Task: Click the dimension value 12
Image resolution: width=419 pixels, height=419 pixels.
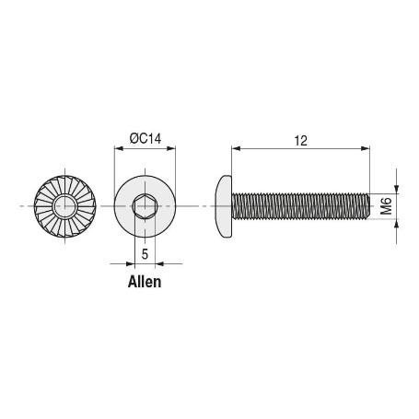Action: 300,140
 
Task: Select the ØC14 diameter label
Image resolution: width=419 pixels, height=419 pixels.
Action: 145,138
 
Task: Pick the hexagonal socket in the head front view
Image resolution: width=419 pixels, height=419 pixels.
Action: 145,207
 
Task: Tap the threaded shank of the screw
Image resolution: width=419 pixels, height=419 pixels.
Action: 299,207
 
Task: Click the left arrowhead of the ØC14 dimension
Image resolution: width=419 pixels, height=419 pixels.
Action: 117,147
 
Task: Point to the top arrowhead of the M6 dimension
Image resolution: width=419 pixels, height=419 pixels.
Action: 398,187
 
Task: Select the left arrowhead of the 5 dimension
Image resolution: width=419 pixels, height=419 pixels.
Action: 131,263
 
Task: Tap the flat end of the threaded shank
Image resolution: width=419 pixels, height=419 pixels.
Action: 368,207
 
